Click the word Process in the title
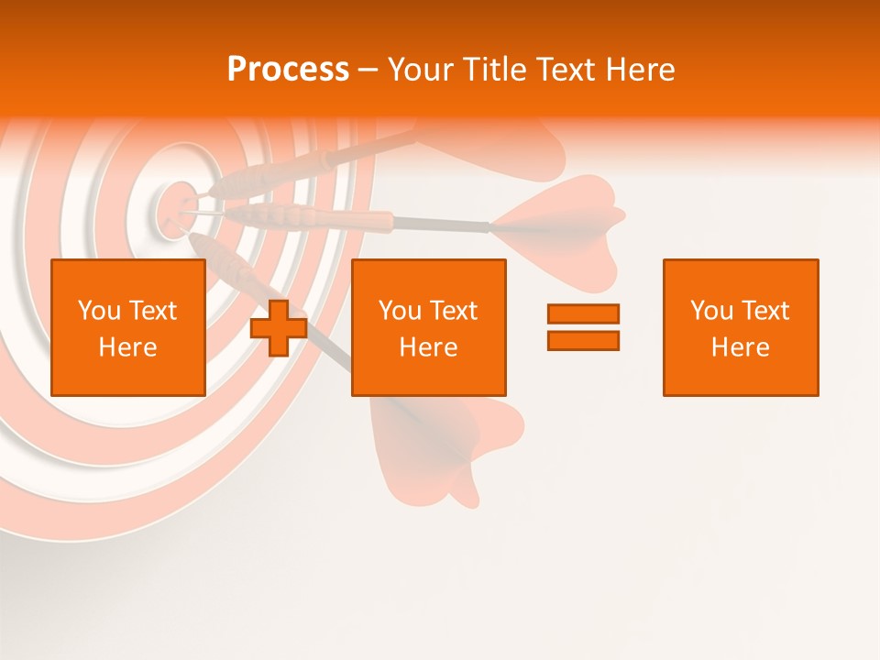288,69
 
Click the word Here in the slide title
639,70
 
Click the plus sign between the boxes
279,328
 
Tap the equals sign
583,327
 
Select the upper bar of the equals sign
583,314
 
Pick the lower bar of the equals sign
583,340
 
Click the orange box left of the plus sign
127,327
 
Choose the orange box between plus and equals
428,327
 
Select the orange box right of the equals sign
740,327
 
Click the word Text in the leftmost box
152,311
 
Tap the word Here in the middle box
428,347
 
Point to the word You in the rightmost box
711,311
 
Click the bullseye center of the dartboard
175,206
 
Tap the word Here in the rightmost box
740,347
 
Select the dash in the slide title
368,70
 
